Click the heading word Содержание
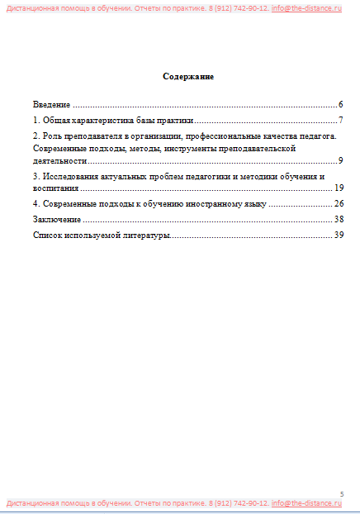[x=188, y=77]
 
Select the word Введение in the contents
[x=51, y=105]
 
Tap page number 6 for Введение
[x=340, y=105]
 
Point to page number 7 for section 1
[x=340, y=121]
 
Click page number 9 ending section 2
[x=340, y=160]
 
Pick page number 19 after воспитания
[x=338, y=188]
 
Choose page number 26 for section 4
[x=338, y=203]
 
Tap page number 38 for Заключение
[x=338, y=219]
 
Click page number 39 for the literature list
[x=338, y=236]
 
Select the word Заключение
[x=56, y=219]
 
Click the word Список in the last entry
[x=47, y=236]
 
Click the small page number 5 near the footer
[x=342, y=493]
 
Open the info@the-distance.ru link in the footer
[x=306, y=502]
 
